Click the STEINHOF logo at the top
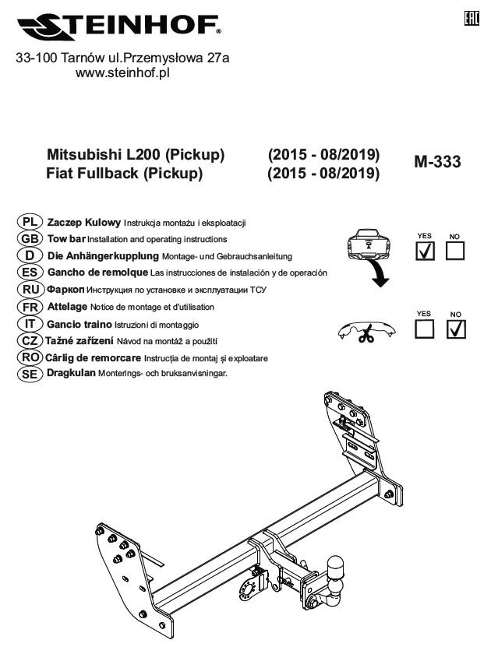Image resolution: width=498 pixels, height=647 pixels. click(118, 27)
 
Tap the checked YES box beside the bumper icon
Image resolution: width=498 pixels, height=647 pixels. click(426, 251)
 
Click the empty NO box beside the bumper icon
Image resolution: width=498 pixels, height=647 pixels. click(455, 251)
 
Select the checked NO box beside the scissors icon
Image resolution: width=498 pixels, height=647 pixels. click(455, 330)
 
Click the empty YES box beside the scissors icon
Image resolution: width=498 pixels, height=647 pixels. click(426, 330)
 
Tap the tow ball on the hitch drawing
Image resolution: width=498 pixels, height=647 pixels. click(337, 565)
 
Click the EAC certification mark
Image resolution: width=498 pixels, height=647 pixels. click(471, 16)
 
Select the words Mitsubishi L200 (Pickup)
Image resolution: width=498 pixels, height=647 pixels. click(136, 155)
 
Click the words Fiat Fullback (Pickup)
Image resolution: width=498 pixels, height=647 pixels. click(125, 173)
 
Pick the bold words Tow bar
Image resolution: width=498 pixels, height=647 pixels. click(66, 239)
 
